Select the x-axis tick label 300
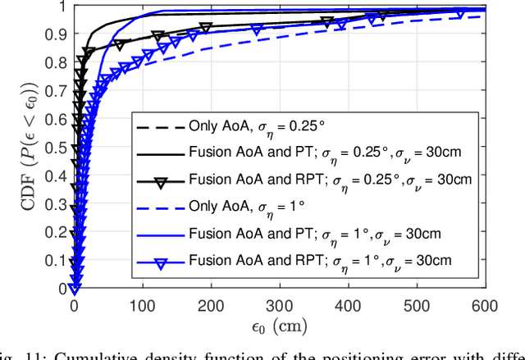click(x=279, y=305)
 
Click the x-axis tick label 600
click(x=485, y=305)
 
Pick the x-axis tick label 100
click(x=143, y=305)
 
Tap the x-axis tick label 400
click(x=348, y=305)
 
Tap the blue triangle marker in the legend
click(x=157, y=262)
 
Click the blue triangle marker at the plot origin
click(x=74, y=288)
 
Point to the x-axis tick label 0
click(x=74, y=305)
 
